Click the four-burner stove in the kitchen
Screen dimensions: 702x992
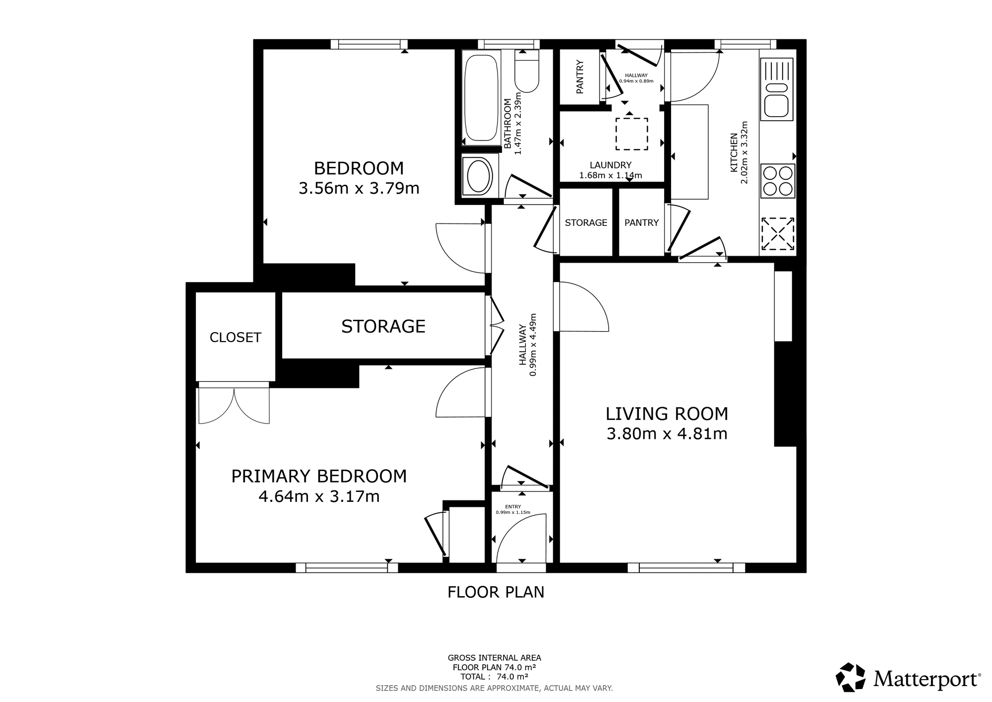point(777,181)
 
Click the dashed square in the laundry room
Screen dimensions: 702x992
point(631,134)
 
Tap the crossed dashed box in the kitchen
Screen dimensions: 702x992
point(777,233)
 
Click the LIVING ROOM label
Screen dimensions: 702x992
point(667,414)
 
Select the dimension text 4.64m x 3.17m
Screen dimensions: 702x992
point(319,496)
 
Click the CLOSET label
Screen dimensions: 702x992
point(235,338)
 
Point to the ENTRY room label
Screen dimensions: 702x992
point(513,507)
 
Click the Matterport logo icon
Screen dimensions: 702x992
point(851,677)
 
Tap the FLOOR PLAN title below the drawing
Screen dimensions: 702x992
point(496,592)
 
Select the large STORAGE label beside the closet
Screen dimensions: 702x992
point(383,326)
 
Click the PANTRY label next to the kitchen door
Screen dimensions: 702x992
point(641,223)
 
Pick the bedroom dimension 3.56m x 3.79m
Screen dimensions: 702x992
point(359,189)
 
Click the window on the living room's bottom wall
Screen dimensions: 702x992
point(686,567)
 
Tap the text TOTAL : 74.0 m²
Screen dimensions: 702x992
point(494,677)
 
